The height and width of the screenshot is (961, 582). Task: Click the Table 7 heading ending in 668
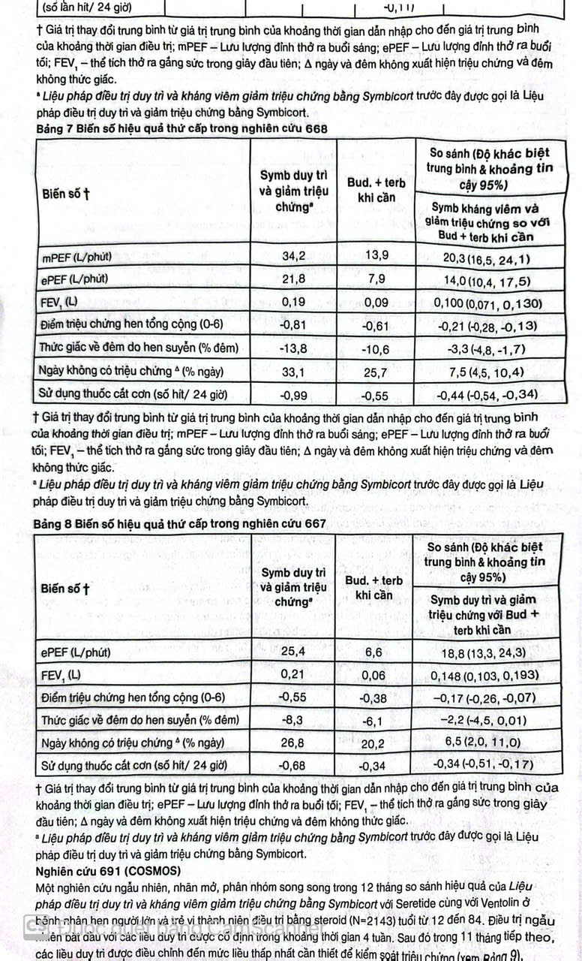point(182,128)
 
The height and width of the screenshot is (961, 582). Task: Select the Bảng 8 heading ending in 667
point(181,524)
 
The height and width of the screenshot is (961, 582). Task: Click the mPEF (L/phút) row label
point(78,257)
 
